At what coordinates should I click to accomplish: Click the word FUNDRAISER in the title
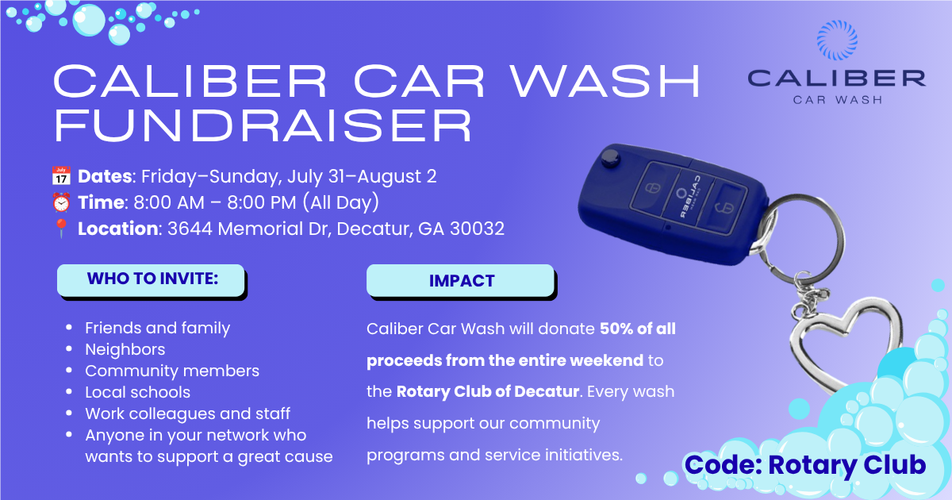(x=263, y=125)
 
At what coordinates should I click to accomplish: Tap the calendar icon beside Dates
(x=61, y=176)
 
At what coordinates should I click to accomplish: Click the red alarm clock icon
(x=61, y=202)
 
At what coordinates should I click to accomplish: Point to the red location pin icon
(x=61, y=229)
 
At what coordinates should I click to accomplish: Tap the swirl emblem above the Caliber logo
(x=837, y=40)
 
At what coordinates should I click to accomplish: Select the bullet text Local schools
(x=138, y=392)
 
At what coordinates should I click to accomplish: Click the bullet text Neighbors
(x=125, y=349)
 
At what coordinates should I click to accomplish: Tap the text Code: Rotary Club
(x=805, y=465)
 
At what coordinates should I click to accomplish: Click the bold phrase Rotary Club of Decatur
(x=487, y=391)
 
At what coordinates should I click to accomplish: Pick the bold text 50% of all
(x=638, y=329)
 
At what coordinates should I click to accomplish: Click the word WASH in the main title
(x=605, y=81)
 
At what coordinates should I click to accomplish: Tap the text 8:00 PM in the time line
(x=261, y=202)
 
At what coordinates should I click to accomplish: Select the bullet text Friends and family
(x=157, y=329)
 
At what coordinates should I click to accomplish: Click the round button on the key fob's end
(x=611, y=158)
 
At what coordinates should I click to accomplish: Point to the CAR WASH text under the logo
(x=838, y=100)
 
